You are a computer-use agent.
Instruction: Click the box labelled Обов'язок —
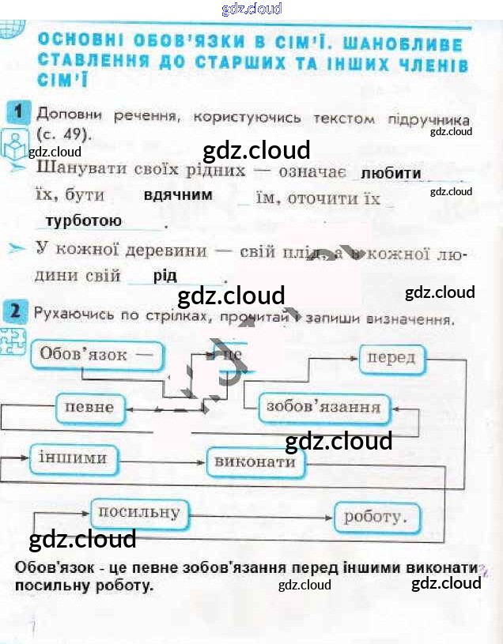[96, 355]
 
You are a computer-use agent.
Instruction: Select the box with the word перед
[391, 358]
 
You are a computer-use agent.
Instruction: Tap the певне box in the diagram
[89, 408]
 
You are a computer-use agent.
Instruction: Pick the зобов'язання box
[324, 408]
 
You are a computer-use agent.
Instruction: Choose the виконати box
[255, 461]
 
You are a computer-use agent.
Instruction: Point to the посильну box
[138, 513]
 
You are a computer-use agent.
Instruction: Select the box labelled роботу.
[375, 518]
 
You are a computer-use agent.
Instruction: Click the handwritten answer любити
[391, 173]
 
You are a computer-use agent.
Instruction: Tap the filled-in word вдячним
[178, 194]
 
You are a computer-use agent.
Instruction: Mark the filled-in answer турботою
[84, 220]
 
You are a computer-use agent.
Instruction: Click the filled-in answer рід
[165, 275]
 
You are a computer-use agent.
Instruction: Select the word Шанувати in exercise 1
[80, 170]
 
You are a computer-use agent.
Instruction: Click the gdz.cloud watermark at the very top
[251, 9]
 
